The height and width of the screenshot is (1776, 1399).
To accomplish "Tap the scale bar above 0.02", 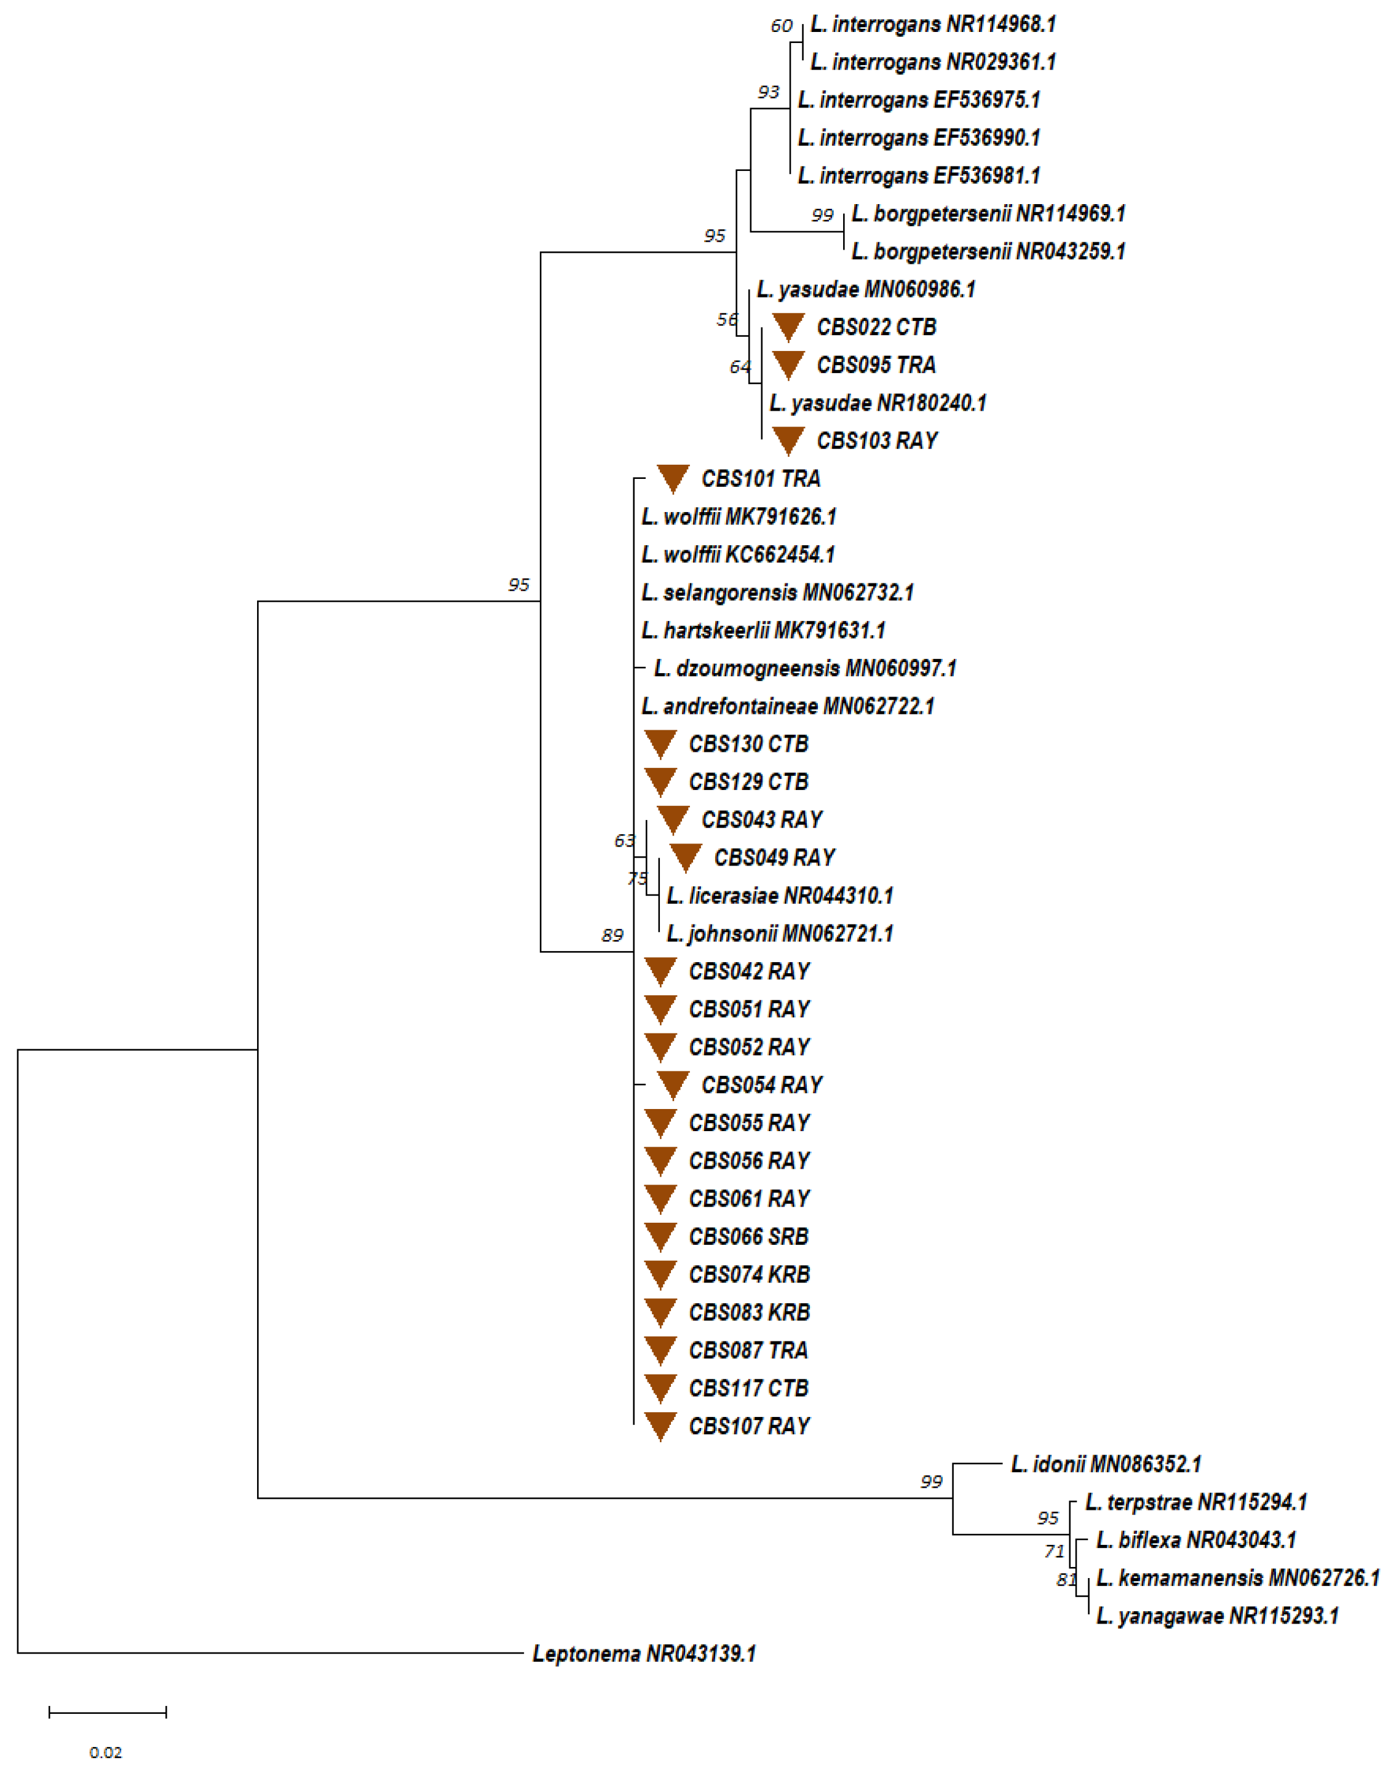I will pyautogui.click(x=107, y=1711).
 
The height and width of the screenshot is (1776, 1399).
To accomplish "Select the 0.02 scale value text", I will pyautogui.click(x=106, y=1752).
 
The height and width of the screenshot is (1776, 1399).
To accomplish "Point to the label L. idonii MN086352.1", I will pyautogui.click(x=1106, y=1464).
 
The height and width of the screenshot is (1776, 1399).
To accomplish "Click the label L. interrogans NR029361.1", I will pyautogui.click(x=933, y=62).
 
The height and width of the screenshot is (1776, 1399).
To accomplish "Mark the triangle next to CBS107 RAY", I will pyautogui.click(x=660, y=1426).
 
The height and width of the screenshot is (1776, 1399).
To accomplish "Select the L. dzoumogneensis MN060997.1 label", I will pyautogui.click(x=805, y=669).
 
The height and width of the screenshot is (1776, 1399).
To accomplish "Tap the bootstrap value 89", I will pyautogui.click(x=612, y=935).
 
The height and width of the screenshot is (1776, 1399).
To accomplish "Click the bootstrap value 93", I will pyautogui.click(x=768, y=92).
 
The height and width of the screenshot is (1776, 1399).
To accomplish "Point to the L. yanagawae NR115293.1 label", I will pyautogui.click(x=1217, y=1616).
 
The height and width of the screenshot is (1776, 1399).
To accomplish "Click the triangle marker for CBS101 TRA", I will pyautogui.click(x=673, y=478).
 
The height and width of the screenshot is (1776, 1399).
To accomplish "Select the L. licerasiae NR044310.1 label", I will pyautogui.click(x=780, y=896).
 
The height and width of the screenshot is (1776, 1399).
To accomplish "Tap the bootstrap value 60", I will pyautogui.click(x=782, y=26).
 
